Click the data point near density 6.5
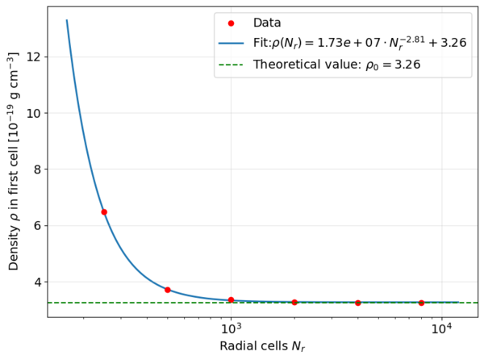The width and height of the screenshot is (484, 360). pyautogui.click(x=104, y=212)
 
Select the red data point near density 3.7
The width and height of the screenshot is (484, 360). pyautogui.click(x=168, y=290)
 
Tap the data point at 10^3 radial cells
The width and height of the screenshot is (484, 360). pyautogui.click(x=231, y=300)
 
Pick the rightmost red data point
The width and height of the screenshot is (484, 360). pyautogui.click(x=421, y=303)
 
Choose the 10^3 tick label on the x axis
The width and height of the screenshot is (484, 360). pyautogui.click(x=232, y=329)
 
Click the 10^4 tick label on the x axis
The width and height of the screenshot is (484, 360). pyautogui.click(x=440, y=329)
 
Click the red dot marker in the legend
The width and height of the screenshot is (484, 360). pyautogui.click(x=231, y=23)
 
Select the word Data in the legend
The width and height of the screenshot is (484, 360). pyautogui.click(x=268, y=23)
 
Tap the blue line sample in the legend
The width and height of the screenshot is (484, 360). pyautogui.click(x=231, y=43)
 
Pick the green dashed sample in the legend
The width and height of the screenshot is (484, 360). pyautogui.click(x=231, y=64)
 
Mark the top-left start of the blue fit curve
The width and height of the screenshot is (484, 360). pyautogui.click(x=67, y=21)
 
